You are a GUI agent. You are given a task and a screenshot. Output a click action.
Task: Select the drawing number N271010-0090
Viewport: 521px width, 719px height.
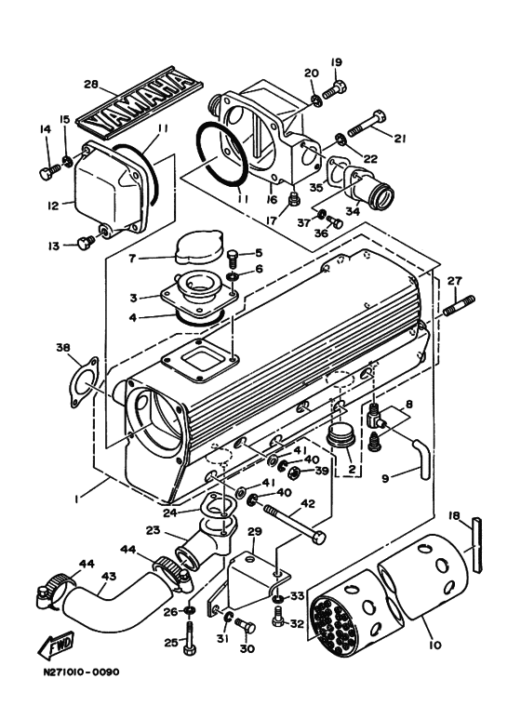82,672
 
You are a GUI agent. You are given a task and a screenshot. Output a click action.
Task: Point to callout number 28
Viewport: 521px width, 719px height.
91,85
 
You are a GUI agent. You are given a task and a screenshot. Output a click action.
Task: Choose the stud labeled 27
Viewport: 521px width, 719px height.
459,306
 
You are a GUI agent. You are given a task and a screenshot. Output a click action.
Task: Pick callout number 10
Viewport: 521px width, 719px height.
434,645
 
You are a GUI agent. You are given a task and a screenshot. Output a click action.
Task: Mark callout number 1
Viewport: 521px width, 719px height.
77,499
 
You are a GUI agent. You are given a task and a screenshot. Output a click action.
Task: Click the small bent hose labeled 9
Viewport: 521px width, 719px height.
422,459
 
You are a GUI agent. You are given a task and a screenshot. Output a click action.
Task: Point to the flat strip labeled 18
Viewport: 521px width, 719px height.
477,545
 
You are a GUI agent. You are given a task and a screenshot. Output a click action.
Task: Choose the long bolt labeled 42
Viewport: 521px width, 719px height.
294,523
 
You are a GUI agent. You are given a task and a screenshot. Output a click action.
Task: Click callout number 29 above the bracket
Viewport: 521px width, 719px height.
255,531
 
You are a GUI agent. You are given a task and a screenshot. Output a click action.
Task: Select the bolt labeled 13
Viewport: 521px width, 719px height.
86,242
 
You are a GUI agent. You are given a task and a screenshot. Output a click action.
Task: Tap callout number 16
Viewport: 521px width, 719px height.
272,199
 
